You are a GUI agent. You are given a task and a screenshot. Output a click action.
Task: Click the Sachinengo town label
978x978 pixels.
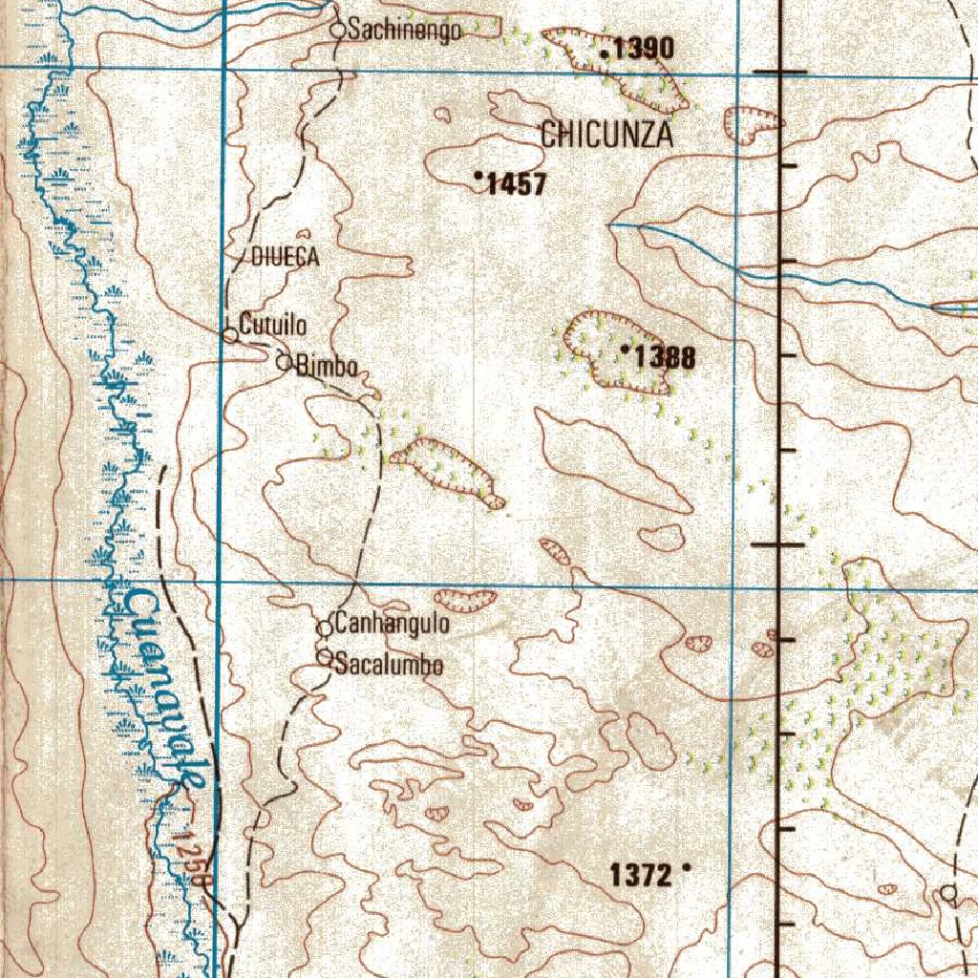[405, 31]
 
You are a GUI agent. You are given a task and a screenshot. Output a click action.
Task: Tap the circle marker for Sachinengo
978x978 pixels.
[337, 31]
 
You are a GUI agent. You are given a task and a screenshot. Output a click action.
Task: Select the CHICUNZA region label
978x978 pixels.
[606, 136]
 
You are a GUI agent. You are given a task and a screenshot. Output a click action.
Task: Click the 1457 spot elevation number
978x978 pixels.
[516, 184]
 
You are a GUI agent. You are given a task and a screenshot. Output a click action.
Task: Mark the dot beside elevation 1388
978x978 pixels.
[625, 351]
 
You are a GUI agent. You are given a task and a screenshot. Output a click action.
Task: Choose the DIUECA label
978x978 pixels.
[285, 257]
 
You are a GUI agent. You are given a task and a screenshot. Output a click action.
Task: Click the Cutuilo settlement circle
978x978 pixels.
[229, 335]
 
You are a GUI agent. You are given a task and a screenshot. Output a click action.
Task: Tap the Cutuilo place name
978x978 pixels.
[273, 325]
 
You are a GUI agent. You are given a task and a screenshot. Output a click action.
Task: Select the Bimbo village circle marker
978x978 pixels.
[284, 362]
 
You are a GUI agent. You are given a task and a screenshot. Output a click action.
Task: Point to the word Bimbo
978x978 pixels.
[327, 366]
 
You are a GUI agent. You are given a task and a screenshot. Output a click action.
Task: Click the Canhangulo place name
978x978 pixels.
[393, 625]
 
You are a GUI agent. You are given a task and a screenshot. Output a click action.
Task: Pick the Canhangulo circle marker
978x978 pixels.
[325, 628]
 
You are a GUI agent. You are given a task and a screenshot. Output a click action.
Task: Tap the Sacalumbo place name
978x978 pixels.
[389, 665]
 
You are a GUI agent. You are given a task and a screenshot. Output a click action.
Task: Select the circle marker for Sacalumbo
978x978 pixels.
[325, 657]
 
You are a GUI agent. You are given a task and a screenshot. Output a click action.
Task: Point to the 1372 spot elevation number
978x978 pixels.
[642, 874]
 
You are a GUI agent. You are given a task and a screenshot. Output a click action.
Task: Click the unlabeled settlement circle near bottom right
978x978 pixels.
[948, 893]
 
